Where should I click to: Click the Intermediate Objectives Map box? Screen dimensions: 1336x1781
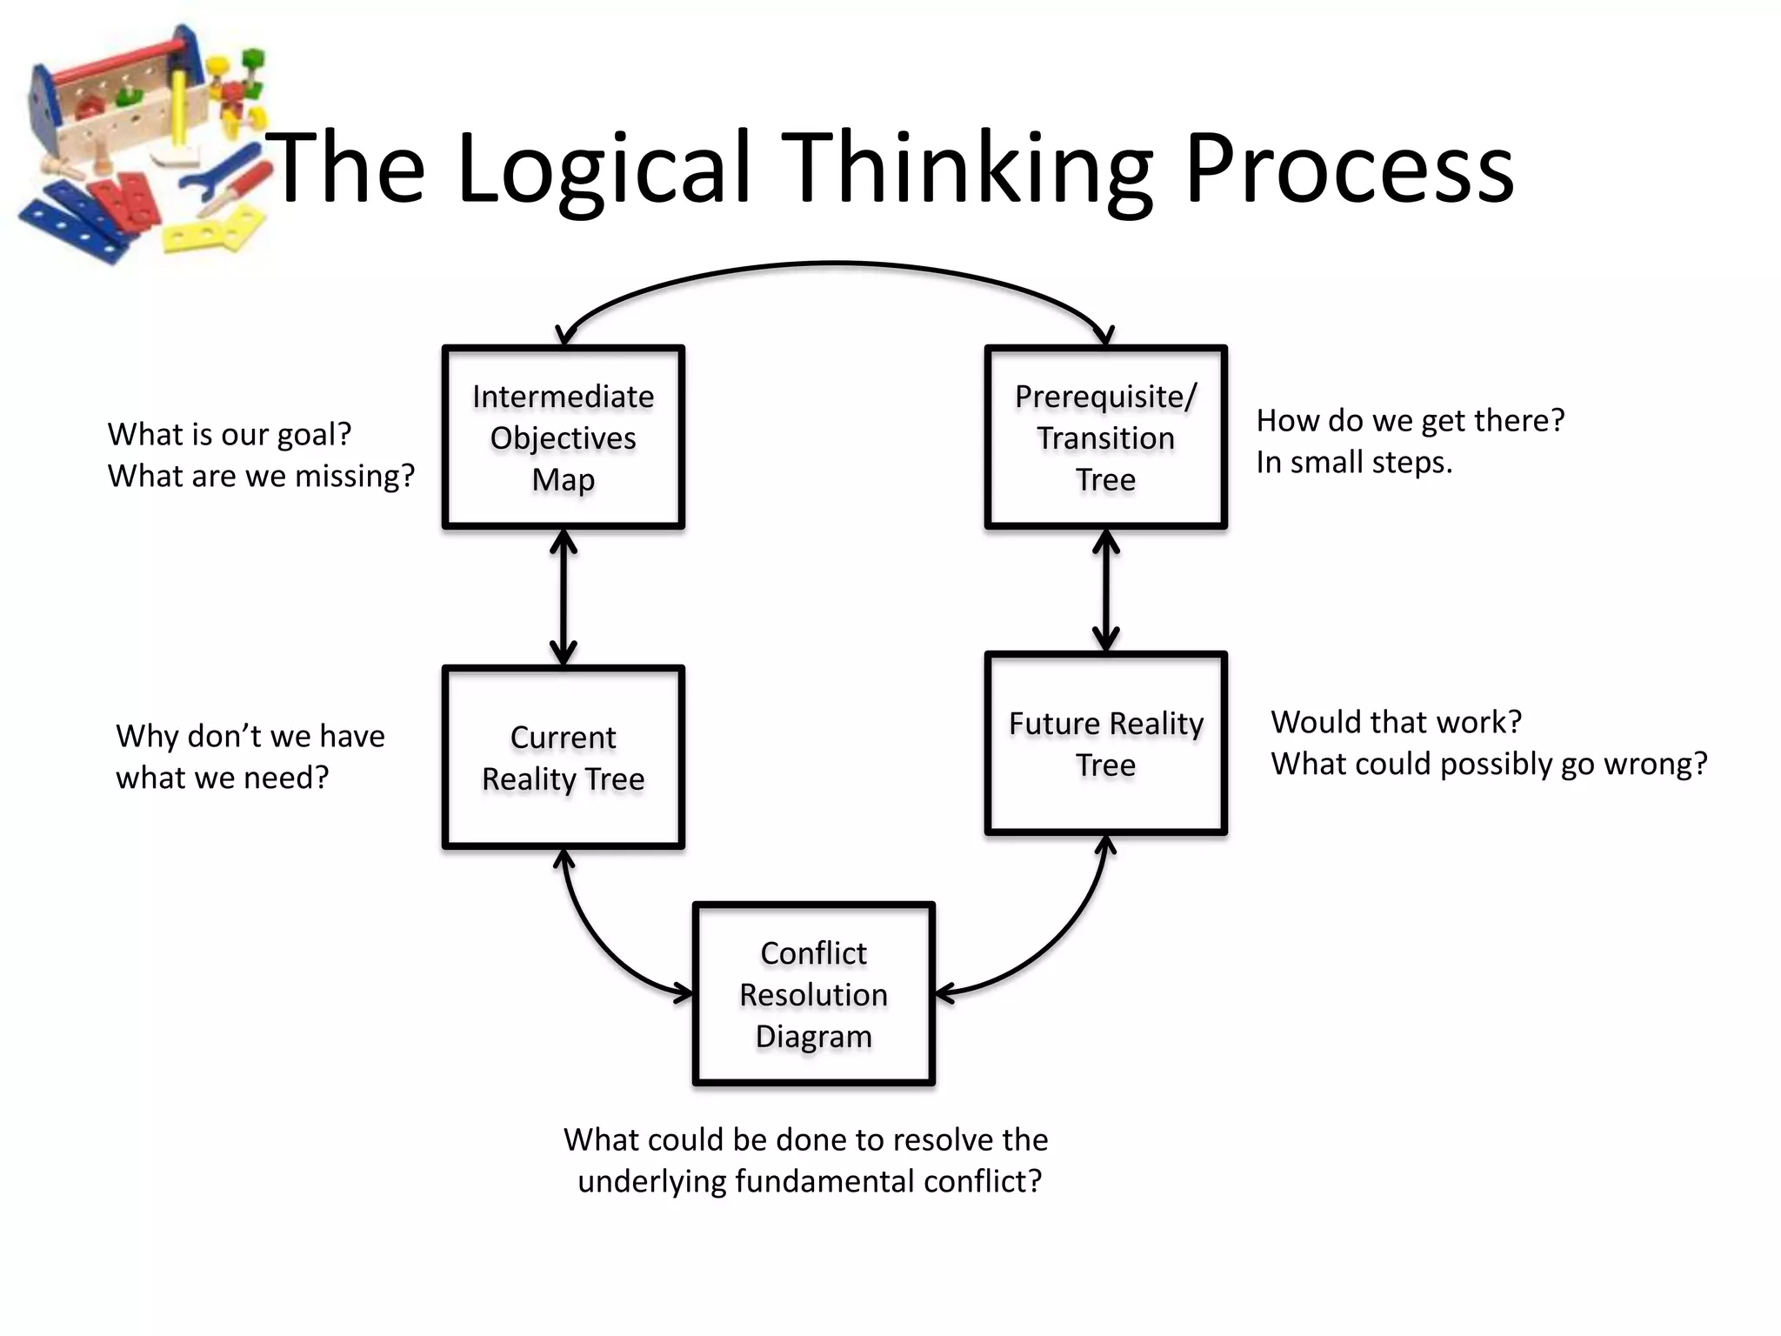click(x=564, y=437)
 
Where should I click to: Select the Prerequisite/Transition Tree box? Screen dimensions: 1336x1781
click(x=1105, y=437)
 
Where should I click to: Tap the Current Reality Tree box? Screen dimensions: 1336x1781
click(x=564, y=757)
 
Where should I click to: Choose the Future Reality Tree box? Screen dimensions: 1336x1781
click(x=1105, y=743)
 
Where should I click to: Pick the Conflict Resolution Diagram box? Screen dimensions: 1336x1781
click(x=813, y=994)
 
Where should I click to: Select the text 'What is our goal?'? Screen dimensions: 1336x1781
click(x=230, y=434)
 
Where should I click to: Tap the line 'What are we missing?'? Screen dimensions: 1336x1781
click(x=261, y=476)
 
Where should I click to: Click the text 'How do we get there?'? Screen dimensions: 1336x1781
click(x=1410, y=421)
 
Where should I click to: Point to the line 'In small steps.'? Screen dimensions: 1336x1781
click(x=1353, y=463)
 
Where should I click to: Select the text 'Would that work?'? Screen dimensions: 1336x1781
click(x=1396, y=722)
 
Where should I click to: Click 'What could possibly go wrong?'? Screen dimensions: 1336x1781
click(x=1489, y=764)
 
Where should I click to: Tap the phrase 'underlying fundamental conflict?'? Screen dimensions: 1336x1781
click(x=809, y=1181)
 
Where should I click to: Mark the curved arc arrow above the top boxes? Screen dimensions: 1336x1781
click(x=835, y=263)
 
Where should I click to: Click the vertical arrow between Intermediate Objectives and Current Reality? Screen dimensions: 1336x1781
click(x=564, y=598)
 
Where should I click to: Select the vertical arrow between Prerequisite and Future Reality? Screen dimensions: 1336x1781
click(x=1105, y=591)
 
